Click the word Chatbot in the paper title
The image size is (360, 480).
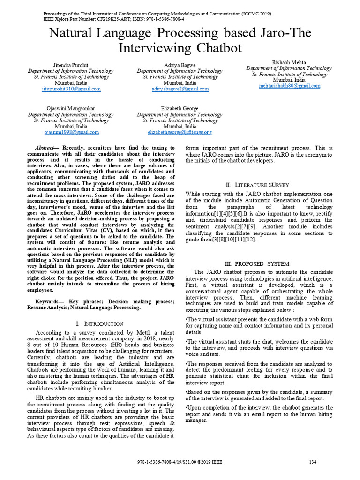(x=214, y=48)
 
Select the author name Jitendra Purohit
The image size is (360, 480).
(x=70, y=64)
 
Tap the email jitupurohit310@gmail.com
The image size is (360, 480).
(x=71, y=89)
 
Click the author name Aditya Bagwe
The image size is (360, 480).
(x=180, y=64)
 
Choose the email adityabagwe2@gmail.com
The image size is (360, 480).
(x=180, y=89)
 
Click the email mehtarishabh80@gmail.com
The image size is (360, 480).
(x=289, y=86)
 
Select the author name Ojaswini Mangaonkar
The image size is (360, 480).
(x=70, y=108)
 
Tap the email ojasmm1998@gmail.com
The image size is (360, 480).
(x=71, y=132)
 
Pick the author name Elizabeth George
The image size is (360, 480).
(x=180, y=108)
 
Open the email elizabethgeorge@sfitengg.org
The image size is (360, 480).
(x=180, y=132)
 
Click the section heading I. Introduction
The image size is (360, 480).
(x=99, y=323)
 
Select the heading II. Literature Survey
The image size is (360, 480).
(x=257, y=185)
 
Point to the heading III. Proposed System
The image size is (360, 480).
(x=257, y=263)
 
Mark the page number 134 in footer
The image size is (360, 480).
(x=313, y=462)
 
